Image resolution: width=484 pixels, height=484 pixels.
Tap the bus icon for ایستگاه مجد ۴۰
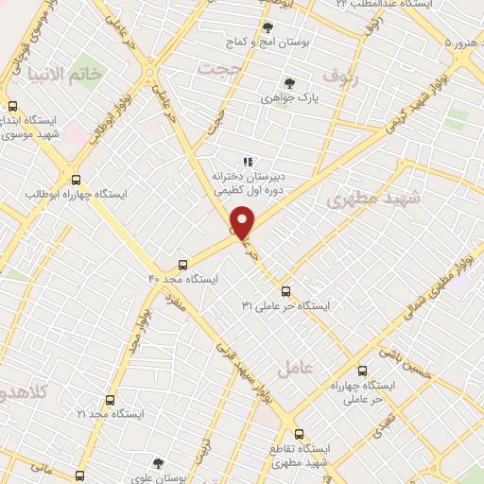[x=183, y=264]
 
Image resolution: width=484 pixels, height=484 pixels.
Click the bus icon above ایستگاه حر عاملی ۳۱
[x=286, y=291]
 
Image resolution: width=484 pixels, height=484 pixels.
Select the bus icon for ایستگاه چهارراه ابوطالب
[x=77, y=180]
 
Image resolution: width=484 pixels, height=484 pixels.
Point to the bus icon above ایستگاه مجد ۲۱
[x=110, y=400]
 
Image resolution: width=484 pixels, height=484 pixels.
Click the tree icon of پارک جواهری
[x=289, y=83]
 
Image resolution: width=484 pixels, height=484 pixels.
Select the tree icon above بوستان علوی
[x=159, y=463]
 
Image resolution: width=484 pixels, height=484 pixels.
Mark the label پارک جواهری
[x=289, y=98]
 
